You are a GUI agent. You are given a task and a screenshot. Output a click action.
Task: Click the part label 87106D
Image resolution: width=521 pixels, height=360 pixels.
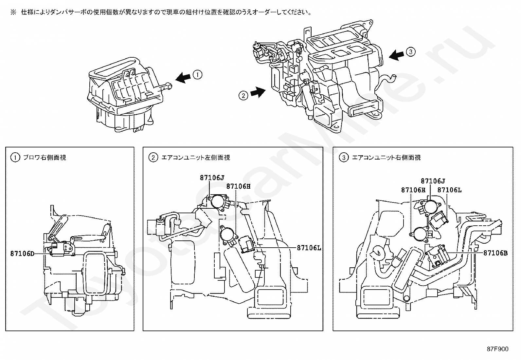click(22, 254)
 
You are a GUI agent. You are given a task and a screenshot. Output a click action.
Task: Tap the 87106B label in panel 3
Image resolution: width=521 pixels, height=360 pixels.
click(495, 253)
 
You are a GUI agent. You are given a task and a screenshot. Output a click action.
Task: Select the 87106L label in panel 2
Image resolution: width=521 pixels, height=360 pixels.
click(309, 248)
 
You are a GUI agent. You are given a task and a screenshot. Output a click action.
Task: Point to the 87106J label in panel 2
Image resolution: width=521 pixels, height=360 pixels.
click(212, 178)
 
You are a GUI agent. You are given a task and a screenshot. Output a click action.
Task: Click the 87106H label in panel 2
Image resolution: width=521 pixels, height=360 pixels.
click(238, 186)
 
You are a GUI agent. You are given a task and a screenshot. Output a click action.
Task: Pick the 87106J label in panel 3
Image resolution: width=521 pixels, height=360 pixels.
click(433, 181)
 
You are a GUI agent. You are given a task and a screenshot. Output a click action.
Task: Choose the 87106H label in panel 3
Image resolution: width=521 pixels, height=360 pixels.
click(413, 190)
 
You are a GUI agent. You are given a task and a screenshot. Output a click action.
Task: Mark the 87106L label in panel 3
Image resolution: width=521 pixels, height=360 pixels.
click(449, 190)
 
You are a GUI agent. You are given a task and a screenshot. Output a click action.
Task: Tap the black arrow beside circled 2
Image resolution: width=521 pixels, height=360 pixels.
click(258, 92)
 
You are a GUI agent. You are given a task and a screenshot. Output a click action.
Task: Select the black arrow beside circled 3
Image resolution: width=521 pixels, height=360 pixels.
click(397, 55)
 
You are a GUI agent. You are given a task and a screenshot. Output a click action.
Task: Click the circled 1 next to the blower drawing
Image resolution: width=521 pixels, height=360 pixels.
click(197, 75)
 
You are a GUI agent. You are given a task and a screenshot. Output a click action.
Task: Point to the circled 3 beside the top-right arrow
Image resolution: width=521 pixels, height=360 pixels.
click(411, 52)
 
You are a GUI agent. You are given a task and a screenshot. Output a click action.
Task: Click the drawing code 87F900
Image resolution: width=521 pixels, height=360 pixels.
click(497, 349)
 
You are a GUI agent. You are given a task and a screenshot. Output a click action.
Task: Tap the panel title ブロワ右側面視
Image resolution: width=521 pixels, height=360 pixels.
click(45, 158)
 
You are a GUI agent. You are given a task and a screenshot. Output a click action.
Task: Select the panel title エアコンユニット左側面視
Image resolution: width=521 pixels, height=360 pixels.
click(196, 158)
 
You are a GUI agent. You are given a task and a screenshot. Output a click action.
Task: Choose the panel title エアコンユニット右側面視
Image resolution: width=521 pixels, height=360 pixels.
click(386, 158)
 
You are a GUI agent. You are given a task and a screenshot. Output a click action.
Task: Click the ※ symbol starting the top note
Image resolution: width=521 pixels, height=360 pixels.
click(13, 12)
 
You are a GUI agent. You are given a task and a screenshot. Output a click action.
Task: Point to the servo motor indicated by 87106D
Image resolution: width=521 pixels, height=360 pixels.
click(62, 248)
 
